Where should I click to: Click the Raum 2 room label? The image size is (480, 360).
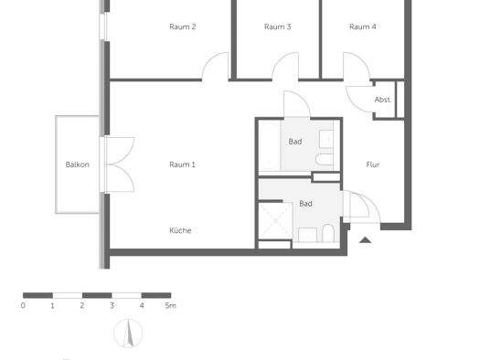(x=183, y=26)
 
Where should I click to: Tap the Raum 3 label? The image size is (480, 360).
(x=277, y=26)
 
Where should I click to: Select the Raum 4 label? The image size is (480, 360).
(x=363, y=26)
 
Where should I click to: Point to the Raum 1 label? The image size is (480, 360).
(x=182, y=164)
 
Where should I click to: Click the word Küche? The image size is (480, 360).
(x=180, y=230)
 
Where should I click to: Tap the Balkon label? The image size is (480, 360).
(x=78, y=164)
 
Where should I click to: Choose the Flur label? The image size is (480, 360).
(x=372, y=164)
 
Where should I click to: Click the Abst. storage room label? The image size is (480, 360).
(x=383, y=100)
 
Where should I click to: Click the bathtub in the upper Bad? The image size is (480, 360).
(x=269, y=146)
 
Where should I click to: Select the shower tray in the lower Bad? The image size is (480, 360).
(x=275, y=221)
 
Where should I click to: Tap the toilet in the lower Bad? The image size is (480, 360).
(x=328, y=233)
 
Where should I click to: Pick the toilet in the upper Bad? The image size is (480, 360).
(x=325, y=159)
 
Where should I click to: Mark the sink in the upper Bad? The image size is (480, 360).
(x=326, y=139)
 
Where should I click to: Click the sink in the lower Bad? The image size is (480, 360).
(x=307, y=235)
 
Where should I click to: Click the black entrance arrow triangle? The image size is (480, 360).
(x=365, y=240)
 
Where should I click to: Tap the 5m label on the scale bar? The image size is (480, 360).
(x=170, y=305)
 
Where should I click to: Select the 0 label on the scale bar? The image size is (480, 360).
(x=23, y=305)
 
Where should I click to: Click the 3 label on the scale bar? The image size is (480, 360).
(x=112, y=305)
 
